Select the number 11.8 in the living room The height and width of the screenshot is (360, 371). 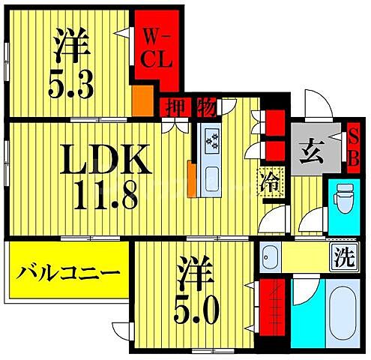[x=104, y=196]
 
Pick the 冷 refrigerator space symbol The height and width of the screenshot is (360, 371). [x=268, y=181]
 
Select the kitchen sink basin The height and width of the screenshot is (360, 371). [x=212, y=178]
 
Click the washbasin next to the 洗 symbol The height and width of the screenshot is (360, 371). [x=269, y=258]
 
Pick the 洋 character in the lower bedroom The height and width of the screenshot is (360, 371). [x=193, y=269]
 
